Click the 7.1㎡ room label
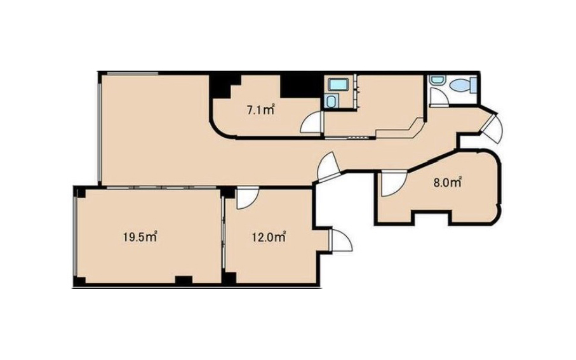261,110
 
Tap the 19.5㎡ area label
140,237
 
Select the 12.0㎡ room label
269,237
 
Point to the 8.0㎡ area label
448,183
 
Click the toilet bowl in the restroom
460,86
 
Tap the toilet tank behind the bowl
474,86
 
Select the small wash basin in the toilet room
438,80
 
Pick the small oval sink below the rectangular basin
331,101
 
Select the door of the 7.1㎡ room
312,122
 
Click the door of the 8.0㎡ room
393,183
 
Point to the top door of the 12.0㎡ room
247,199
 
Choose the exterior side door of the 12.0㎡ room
341,240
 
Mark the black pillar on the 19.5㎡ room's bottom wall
184,280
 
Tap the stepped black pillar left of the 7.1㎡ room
224,87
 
